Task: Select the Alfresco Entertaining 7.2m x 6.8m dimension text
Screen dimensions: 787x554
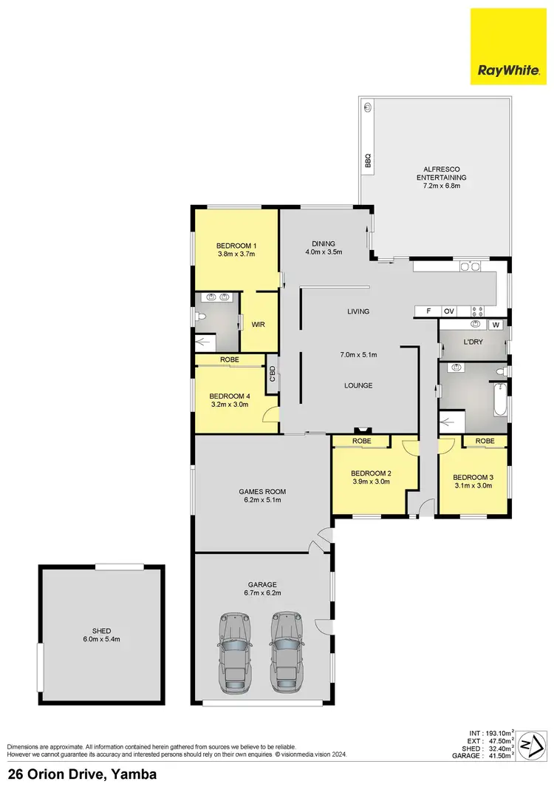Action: [441, 186]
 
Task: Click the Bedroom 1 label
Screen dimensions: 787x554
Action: [236, 246]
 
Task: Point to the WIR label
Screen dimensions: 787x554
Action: [259, 324]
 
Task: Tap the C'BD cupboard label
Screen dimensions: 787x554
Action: [272, 374]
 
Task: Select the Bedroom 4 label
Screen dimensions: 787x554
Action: [230, 396]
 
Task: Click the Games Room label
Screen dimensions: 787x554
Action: [261, 491]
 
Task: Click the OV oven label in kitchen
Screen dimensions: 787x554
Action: [448, 311]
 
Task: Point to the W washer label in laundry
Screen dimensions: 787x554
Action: [496, 325]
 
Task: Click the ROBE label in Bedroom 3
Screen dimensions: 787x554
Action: [485, 441]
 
